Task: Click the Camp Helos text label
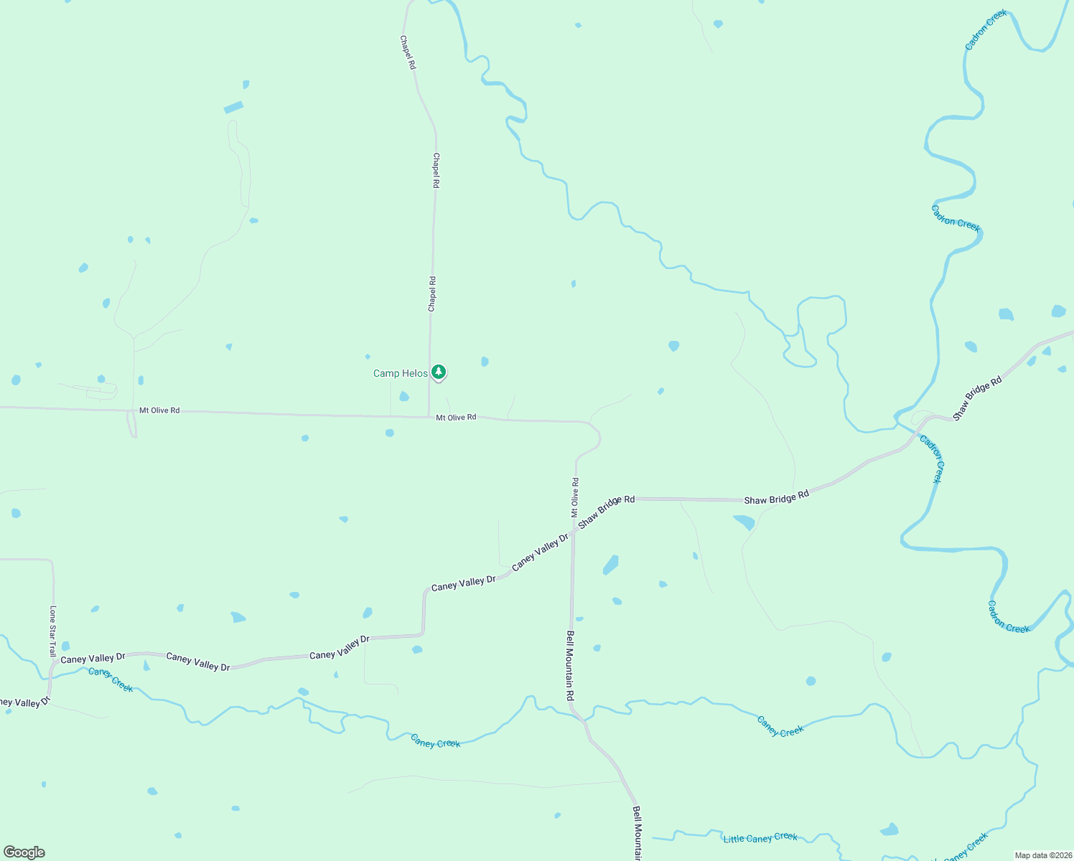point(400,373)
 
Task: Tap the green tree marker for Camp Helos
point(439,372)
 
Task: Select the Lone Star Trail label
point(52,631)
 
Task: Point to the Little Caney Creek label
point(760,837)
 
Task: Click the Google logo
point(24,852)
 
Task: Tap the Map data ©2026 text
point(1043,855)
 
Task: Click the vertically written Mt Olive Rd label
point(574,497)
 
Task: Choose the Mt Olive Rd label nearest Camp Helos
point(456,417)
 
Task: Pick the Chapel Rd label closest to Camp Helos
point(432,294)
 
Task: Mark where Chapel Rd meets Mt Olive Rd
point(429,416)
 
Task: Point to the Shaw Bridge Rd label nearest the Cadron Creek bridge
point(976,399)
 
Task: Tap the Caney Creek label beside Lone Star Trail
point(111,679)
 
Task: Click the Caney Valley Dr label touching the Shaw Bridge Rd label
point(540,551)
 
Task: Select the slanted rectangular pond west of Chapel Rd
point(233,108)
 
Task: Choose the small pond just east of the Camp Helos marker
point(485,361)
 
